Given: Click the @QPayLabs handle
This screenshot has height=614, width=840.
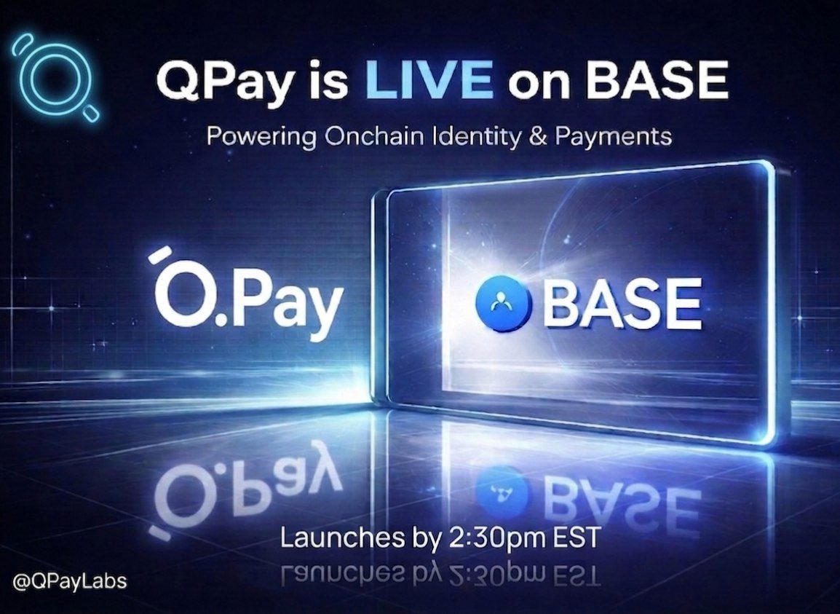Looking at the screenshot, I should click(x=68, y=581).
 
